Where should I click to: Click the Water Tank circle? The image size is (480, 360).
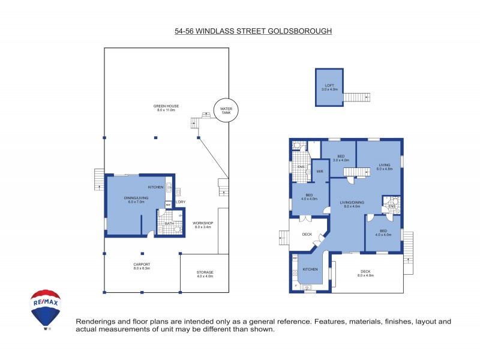coord(226,110)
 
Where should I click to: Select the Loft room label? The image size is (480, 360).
coord(329,88)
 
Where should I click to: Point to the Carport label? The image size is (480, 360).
coord(142,266)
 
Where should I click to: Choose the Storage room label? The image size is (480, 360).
coord(205,274)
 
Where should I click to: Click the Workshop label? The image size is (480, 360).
coord(203,226)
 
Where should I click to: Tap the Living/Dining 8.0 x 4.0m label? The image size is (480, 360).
coord(348,205)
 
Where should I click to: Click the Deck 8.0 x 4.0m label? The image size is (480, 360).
coord(365,273)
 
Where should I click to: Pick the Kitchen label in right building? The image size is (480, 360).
coord(310,269)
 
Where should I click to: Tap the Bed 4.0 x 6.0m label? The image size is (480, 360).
coord(383,233)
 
